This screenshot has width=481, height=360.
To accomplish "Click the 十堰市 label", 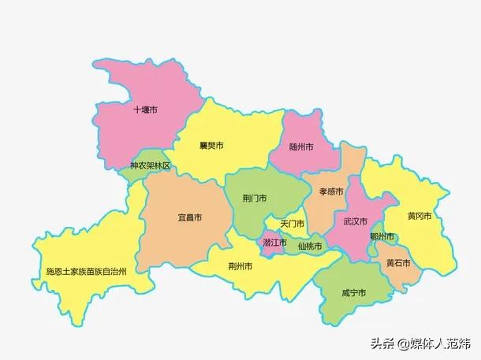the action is pos(145,109).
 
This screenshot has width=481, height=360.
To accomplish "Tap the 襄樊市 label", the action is pos(211,146).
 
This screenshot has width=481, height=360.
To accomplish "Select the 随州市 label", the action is pos(301,147).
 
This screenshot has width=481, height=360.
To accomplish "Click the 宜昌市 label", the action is pos(189,217).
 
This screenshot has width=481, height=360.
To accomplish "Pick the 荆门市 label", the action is pos(254,197).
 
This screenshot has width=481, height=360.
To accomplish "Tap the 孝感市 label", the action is pos(331,191).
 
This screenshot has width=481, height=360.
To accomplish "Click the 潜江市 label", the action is pos(274,243).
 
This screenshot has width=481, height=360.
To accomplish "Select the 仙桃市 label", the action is pos(310,246).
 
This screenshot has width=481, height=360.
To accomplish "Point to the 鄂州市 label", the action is pos(382,236).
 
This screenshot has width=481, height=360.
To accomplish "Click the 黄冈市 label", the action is pos(419,216).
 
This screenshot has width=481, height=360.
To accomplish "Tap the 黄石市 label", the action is pos(398,262).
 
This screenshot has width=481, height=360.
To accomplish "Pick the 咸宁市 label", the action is pos(354,292).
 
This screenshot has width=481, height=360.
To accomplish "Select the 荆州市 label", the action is pos(240,266).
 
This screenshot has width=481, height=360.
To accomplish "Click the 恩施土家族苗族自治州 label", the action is pos(96,271).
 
